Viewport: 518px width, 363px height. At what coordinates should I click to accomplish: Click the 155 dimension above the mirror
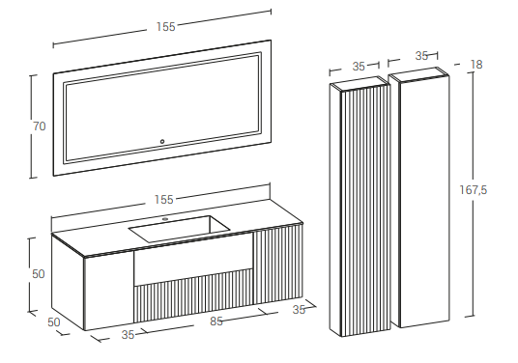point(166,27)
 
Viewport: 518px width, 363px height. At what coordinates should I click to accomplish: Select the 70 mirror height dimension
point(40,126)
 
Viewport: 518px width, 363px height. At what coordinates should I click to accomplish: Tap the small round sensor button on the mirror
point(162,142)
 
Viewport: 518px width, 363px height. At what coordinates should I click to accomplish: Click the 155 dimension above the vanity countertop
point(164,200)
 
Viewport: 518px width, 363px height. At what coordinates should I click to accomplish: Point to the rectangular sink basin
point(179,229)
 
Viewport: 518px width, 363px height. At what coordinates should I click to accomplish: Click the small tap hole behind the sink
point(165,219)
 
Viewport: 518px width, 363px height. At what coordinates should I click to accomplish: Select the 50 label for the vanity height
point(39,274)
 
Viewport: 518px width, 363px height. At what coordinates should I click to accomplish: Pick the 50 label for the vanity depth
point(54,322)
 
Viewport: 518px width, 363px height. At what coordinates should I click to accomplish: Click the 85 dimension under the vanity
point(216,321)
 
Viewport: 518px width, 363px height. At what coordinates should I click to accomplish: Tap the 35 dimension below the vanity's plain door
point(128,335)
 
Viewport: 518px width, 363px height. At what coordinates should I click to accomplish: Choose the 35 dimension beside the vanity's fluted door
point(299,310)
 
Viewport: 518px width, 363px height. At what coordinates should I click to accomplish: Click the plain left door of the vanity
point(108,291)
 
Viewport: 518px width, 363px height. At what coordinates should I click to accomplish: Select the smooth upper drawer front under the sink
point(193,259)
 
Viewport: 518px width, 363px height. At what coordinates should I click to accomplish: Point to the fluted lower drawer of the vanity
point(193,295)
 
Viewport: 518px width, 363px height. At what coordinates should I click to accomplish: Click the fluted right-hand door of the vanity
point(277,264)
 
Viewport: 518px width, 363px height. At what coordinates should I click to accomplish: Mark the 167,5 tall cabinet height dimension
point(474,190)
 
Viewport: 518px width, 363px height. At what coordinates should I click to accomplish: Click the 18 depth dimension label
point(476,65)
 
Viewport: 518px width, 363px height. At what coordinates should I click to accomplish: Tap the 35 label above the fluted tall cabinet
point(359,67)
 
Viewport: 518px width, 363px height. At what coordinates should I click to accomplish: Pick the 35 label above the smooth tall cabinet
point(422,56)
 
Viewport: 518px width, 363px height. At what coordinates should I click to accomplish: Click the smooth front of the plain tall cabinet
point(424,202)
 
